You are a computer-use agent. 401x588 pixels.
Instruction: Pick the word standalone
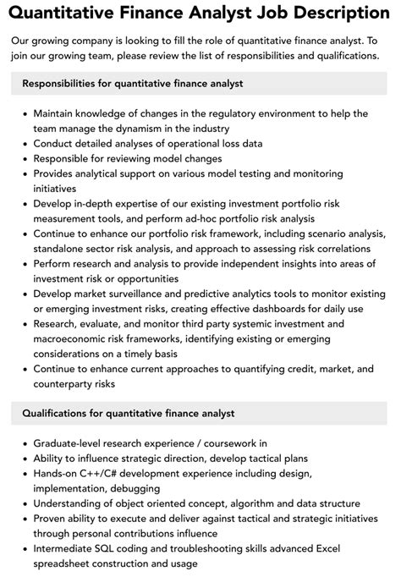(63, 249)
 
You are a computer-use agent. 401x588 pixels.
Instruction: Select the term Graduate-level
(71, 442)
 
